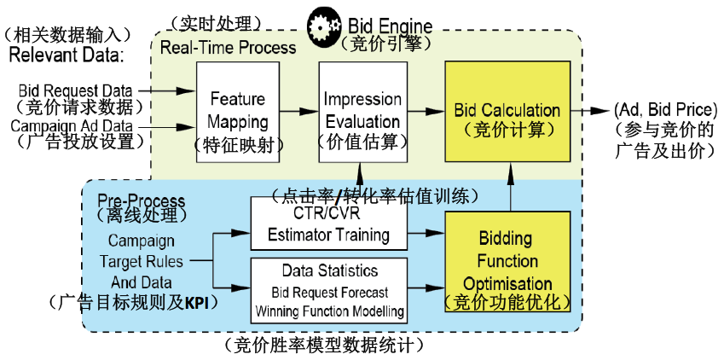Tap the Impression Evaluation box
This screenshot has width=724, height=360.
pos(362,110)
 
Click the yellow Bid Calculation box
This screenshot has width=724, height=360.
pos(508,110)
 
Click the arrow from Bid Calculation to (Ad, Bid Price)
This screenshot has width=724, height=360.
pos(589,110)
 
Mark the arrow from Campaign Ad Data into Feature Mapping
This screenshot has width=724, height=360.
pos(178,127)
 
